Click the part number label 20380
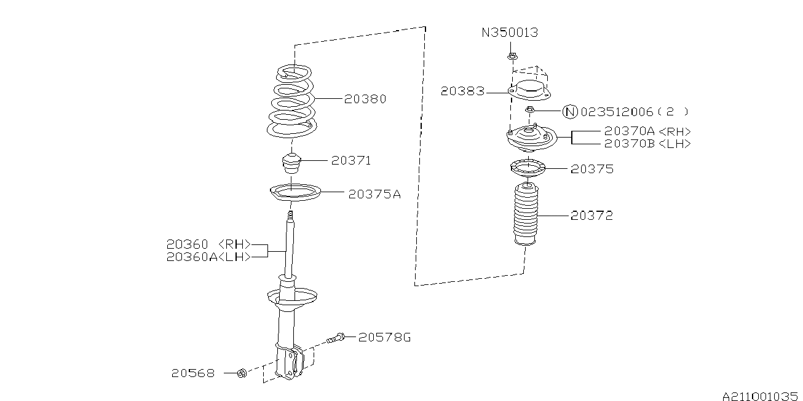pos(365,99)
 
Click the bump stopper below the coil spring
pos(291,163)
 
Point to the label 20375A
pos(374,194)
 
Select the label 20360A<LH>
pos(209,257)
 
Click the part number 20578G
pos(384,337)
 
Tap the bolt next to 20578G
pos(335,337)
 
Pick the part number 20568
pos(193,373)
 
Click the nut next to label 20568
pos(242,373)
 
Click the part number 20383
pos(462,91)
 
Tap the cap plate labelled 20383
pos(530,90)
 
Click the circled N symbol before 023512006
pos(570,112)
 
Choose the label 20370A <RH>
pos(647,131)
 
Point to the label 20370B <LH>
pos(647,144)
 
